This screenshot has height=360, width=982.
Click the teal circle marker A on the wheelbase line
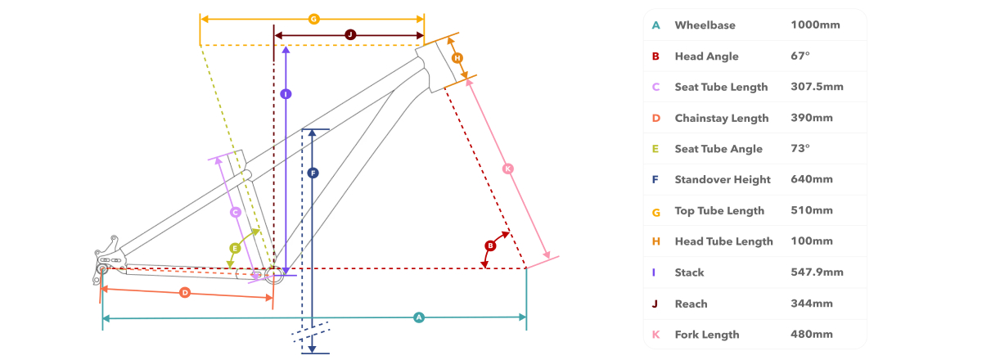[419, 317]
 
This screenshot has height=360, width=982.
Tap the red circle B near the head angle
[490, 245]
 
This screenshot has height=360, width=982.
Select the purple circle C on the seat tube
[236, 213]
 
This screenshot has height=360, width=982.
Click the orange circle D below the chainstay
[185, 292]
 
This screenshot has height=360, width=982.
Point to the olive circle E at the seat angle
[235, 249]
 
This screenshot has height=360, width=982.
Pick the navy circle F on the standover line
[313, 173]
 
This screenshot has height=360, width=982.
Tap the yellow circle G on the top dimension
[313, 20]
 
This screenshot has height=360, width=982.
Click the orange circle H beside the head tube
[457, 58]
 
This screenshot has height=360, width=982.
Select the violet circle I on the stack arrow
[286, 94]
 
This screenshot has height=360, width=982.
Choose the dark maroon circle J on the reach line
[350, 35]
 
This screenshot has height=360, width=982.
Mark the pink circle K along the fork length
[507, 169]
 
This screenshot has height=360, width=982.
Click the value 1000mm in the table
[815, 25]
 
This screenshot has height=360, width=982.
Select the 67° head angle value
[800, 56]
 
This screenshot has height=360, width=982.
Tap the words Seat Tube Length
[721, 88]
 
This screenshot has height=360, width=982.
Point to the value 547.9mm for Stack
[817, 272]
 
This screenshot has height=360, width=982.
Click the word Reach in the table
[691, 304]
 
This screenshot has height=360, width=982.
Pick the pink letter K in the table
[655, 335]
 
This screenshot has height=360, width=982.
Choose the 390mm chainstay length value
[812, 118]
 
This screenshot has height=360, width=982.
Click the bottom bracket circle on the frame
[274, 275]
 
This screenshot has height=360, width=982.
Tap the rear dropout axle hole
[102, 269]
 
